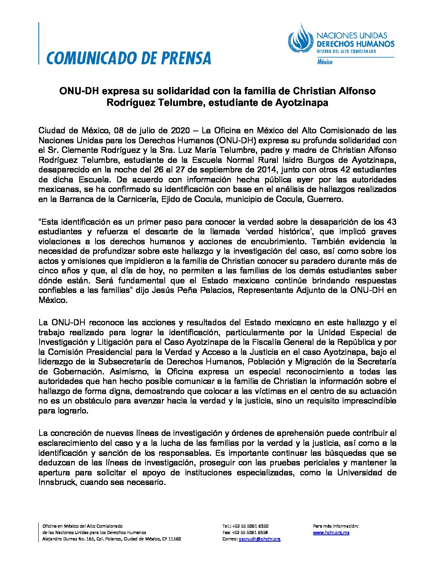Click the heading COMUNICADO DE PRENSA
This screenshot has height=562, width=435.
[129, 58]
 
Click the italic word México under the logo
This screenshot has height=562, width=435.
[325, 62]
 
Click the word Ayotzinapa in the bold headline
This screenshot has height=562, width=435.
[301, 103]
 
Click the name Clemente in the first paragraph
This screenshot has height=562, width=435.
[79, 150]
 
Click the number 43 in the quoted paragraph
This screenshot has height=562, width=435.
[392, 222]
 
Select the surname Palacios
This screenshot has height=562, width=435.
[215, 290]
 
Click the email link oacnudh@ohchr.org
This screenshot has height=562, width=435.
[259, 539]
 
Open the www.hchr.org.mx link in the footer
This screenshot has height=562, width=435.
[331, 532]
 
